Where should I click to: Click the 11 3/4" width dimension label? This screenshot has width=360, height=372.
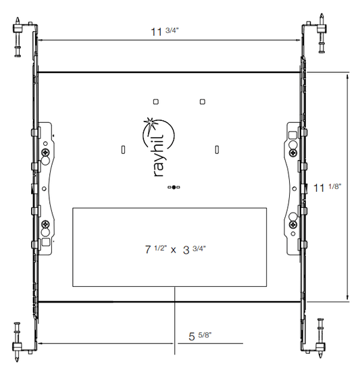(165, 32)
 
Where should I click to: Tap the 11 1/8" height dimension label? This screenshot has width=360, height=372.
(328, 188)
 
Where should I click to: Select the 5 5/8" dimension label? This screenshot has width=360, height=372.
(200, 336)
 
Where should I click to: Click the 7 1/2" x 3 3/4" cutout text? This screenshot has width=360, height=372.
(176, 250)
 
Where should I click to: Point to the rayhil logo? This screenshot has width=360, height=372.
(158, 147)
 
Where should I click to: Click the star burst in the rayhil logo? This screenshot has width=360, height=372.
(149, 124)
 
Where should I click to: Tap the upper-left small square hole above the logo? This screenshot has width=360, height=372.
(155, 102)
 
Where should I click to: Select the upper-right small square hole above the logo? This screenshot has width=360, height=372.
(202, 102)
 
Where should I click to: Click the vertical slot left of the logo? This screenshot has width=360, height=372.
(123, 150)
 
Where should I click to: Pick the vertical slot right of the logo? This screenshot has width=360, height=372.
(217, 150)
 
